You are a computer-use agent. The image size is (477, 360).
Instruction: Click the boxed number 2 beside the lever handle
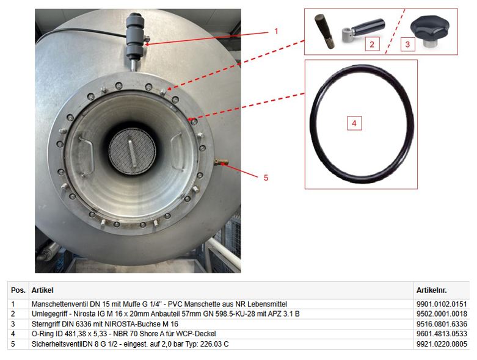click(x=372, y=45)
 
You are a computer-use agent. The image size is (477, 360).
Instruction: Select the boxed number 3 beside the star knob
click(x=407, y=45)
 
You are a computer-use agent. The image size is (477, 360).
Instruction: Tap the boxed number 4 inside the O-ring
click(x=354, y=123)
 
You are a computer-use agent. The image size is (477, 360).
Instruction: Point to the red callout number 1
click(x=276, y=31)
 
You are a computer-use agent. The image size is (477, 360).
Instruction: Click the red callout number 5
click(x=266, y=178)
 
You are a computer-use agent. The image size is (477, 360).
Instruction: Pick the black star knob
click(x=430, y=31)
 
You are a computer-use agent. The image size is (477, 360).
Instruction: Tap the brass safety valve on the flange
click(x=221, y=162)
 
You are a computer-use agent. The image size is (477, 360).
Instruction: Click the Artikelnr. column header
click(x=431, y=290)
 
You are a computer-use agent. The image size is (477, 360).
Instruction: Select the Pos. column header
click(x=18, y=290)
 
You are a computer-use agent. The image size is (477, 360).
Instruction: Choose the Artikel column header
click(x=42, y=290)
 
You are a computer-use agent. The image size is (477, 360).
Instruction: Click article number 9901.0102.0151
click(x=442, y=304)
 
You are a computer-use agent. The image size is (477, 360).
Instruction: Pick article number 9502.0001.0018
click(x=442, y=314)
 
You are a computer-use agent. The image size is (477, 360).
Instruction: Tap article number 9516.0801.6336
click(x=442, y=324)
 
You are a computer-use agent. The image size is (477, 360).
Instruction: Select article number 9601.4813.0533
click(x=442, y=334)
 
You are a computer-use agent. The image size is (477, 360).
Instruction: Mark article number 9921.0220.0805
click(x=442, y=344)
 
